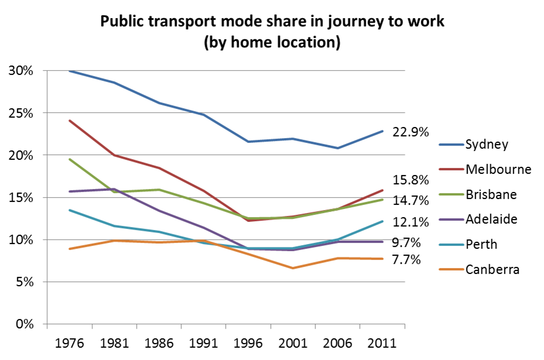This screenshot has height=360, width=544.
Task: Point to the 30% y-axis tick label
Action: [21, 71]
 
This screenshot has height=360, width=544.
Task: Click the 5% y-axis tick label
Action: [25, 282]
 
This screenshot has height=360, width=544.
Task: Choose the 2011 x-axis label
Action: [383, 343]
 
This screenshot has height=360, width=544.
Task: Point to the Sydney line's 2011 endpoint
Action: [383, 131]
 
